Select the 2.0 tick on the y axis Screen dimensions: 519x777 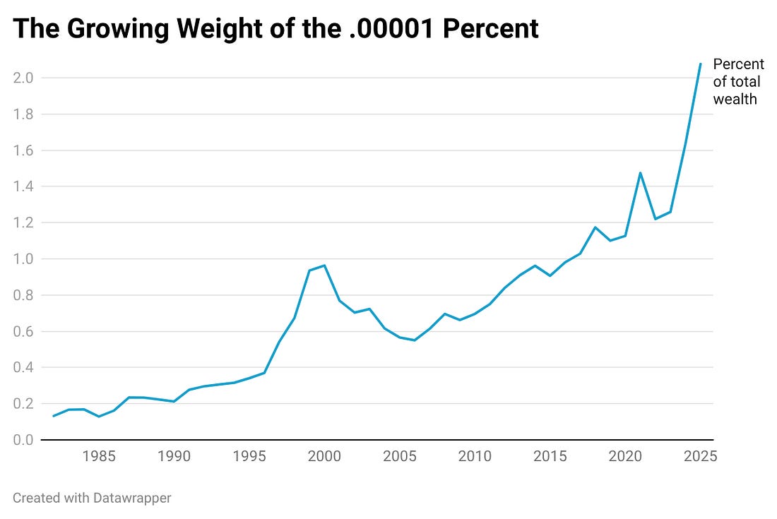tap(23, 78)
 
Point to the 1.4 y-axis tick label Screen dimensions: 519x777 tap(23, 186)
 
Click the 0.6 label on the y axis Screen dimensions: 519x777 tap(23, 331)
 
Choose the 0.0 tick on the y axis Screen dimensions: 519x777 tap(23, 440)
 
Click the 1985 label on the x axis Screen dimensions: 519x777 tap(99, 456)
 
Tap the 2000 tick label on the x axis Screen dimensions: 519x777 tap(324, 456)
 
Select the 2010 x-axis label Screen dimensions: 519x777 tap(475, 456)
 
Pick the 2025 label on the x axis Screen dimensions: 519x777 tap(699, 456)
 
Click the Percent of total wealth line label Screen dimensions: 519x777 tap(738, 82)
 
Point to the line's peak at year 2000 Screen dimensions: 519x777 tap(324, 266)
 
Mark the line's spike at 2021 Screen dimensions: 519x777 tap(640, 172)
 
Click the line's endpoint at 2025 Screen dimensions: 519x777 tap(700, 64)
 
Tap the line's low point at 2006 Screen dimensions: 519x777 tap(415, 340)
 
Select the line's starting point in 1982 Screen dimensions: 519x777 tap(54, 416)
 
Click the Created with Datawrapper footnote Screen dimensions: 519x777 tap(92, 498)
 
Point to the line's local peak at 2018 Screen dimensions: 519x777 tap(595, 227)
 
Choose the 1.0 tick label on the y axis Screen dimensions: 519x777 tap(23, 259)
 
